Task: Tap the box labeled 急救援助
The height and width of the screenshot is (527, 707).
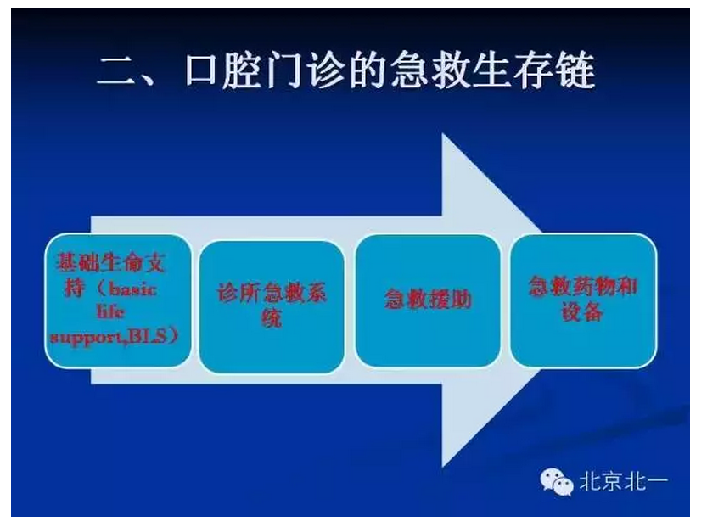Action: [x=428, y=300]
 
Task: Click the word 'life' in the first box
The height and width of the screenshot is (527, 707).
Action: [x=117, y=313]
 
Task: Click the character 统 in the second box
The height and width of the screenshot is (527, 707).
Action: [x=271, y=320]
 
